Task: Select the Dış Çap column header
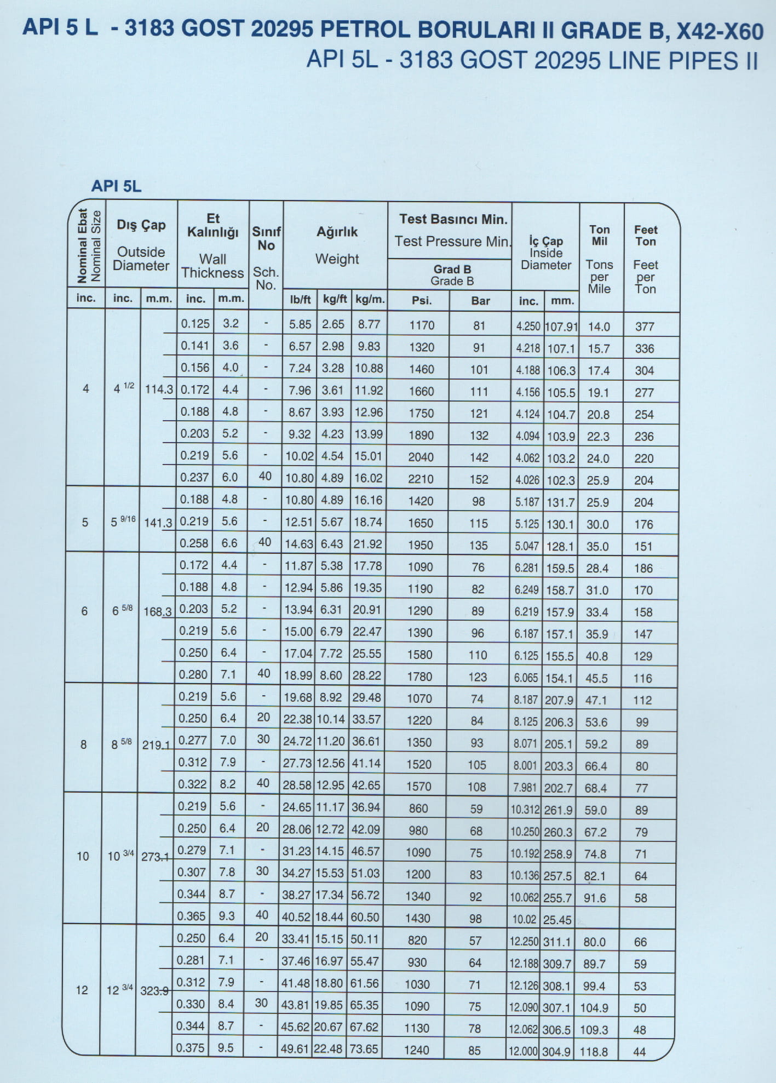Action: [141, 225]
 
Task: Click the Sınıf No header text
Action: [266, 238]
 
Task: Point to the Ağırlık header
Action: [337, 232]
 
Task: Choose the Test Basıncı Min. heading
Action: [453, 219]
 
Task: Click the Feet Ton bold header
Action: [646, 236]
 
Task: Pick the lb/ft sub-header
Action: [300, 300]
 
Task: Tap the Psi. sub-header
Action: [421, 301]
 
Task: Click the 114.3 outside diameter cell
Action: [159, 389]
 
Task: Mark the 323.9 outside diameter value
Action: [155, 990]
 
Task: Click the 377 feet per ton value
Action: [645, 326]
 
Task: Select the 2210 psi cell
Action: [421, 479]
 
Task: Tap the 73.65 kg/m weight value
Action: [364, 1048]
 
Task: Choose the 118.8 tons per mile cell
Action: [594, 1051]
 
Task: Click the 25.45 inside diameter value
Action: [557, 920]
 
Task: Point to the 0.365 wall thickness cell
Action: [191, 916]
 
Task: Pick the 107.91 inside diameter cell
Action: [561, 326]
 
